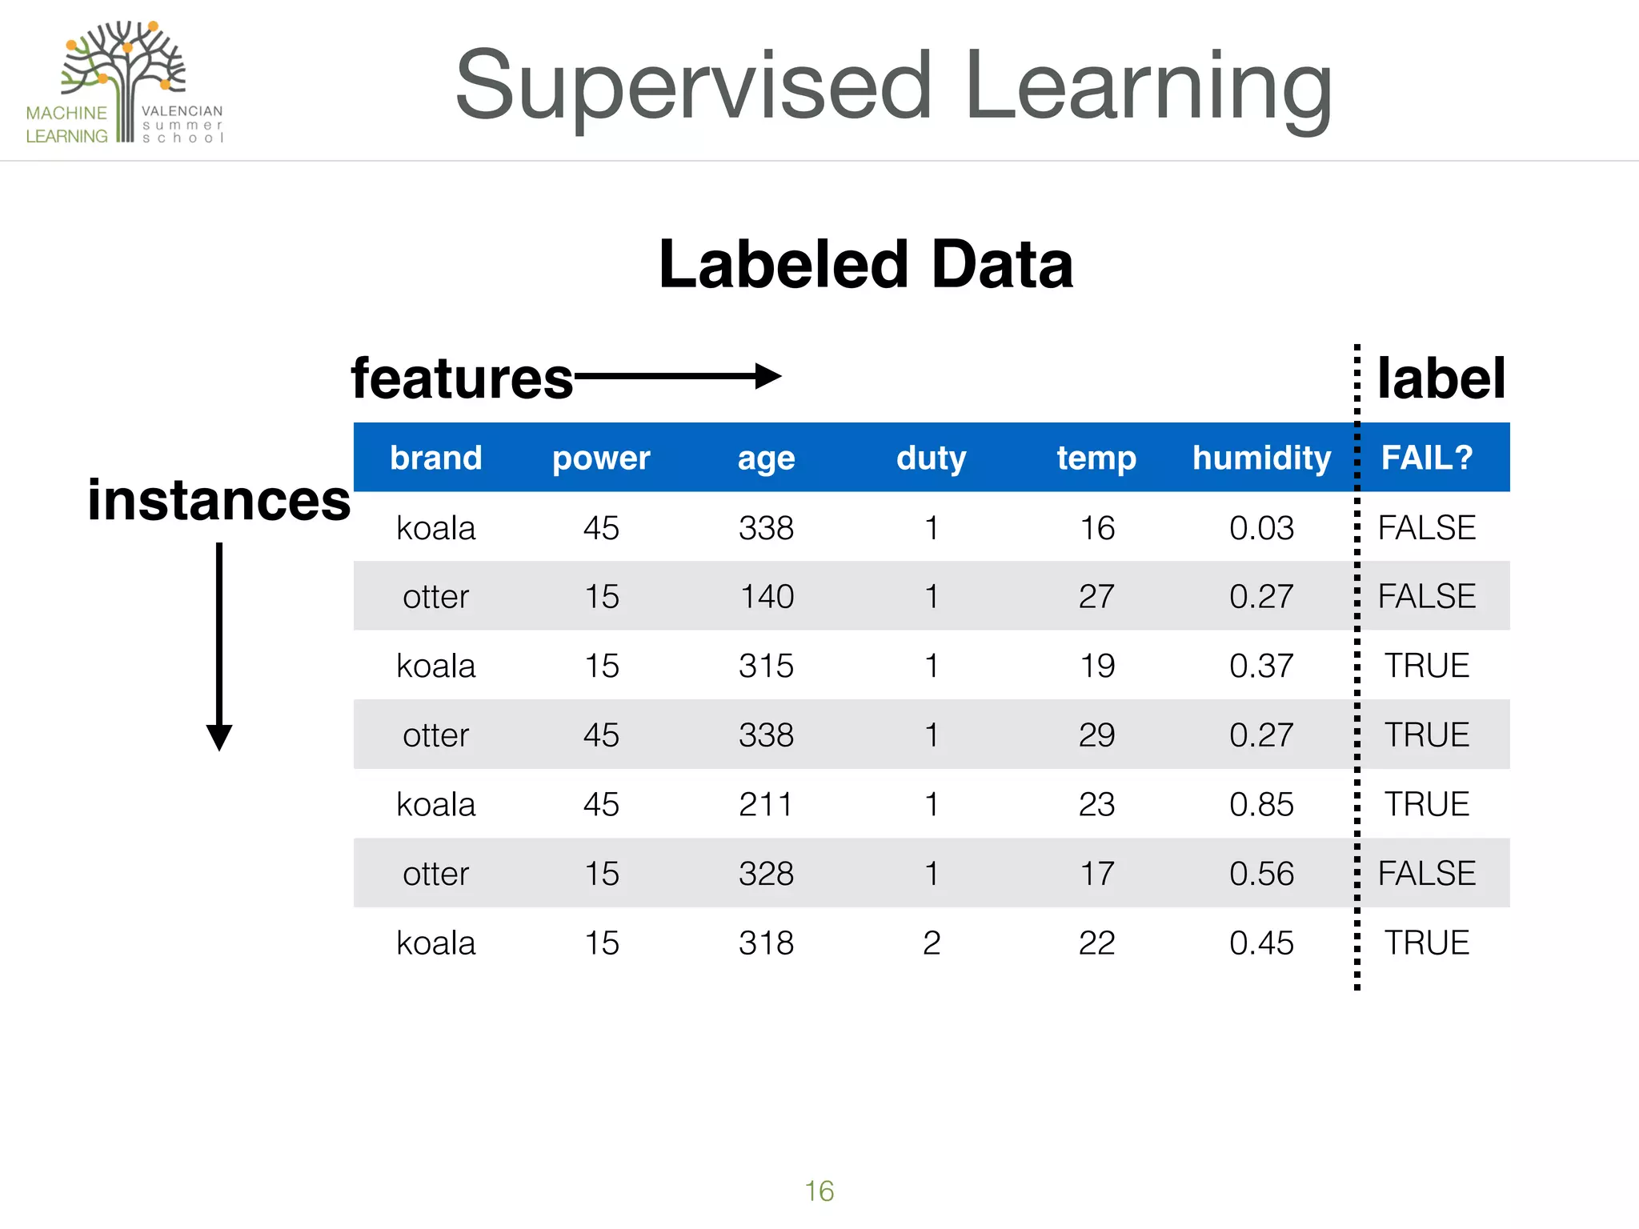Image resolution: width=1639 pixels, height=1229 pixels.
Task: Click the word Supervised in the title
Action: (693, 86)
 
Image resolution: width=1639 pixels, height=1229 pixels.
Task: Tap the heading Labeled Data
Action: (865, 265)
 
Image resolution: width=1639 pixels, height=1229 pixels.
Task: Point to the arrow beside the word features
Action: (677, 376)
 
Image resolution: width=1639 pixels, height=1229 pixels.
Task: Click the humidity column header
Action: (1261, 458)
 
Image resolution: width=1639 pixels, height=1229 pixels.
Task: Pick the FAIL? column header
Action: (1427, 458)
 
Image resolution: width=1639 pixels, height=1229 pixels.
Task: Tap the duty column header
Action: (931, 458)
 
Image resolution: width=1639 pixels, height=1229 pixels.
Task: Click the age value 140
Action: (766, 597)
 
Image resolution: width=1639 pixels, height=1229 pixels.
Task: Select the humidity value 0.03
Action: (1261, 528)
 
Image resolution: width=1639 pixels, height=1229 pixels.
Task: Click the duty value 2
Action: (931, 943)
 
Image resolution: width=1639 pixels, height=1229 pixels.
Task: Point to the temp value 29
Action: (1096, 735)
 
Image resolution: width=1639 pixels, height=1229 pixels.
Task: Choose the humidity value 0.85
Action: (1261, 805)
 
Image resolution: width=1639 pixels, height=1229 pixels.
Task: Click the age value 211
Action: (766, 805)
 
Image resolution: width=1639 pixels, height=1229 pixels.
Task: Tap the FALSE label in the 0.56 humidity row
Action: (1427, 874)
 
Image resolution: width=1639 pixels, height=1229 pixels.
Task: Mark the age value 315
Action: (766, 667)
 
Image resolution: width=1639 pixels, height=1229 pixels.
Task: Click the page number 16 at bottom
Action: (819, 1191)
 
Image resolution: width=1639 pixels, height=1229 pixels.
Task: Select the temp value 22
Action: (1096, 943)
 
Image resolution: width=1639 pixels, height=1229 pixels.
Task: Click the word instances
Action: (218, 501)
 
